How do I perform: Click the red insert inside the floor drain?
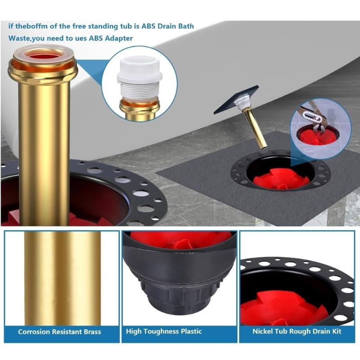click(x=280, y=180)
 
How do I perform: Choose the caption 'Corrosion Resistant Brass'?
click(x=59, y=332)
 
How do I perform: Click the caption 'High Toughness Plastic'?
click(x=164, y=332)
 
